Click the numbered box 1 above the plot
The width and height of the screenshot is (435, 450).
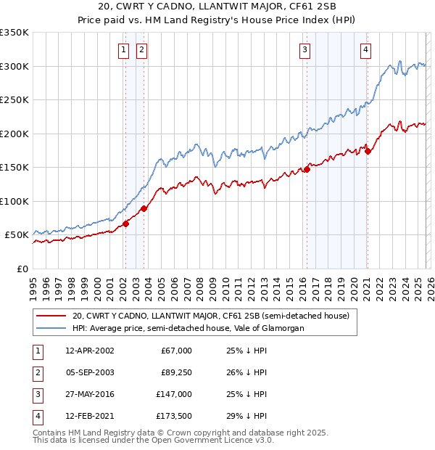[123, 50]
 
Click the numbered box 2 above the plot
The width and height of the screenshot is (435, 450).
[141, 50]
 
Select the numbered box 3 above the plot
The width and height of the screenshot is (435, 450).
[304, 50]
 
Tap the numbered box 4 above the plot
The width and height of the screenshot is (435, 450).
[365, 50]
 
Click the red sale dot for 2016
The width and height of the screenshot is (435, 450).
[307, 169]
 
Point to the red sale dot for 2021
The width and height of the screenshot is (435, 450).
[368, 151]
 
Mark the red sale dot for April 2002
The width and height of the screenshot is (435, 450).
[125, 224]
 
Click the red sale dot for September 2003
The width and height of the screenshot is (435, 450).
[144, 208]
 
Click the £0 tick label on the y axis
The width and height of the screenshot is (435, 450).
[23, 269]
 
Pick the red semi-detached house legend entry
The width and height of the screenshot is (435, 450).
[211, 316]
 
